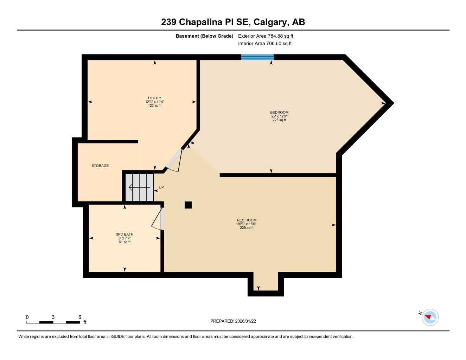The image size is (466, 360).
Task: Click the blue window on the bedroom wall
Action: [x=257, y=57]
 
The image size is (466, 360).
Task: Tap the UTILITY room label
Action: [x=154, y=98]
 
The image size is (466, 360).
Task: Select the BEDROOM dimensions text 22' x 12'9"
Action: [x=279, y=116]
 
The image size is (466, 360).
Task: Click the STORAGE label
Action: [x=100, y=166]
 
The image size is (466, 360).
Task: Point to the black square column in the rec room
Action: [x=188, y=205]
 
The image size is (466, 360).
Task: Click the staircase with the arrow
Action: [x=140, y=187]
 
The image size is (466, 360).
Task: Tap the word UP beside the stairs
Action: [x=161, y=187]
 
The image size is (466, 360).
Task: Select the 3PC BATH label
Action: [x=125, y=234]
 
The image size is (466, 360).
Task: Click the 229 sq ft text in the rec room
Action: [x=247, y=228]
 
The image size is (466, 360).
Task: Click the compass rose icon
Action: [x=430, y=317]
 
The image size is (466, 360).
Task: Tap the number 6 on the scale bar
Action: [x=80, y=317]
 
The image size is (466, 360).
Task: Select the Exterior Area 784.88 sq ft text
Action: [x=266, y=36]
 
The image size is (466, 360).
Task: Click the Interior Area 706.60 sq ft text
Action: [x=265, y=44]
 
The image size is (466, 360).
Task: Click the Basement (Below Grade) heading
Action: [x=204, y=36]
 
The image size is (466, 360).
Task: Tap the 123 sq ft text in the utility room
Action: [x=154, y=105]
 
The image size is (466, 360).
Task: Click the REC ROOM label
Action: [x=247, y=220]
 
